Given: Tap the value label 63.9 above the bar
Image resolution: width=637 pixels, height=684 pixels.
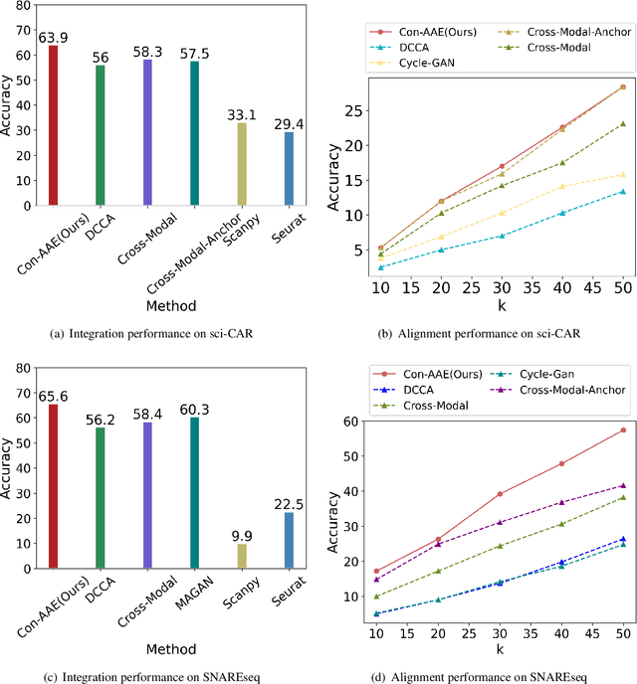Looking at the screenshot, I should point(53,38).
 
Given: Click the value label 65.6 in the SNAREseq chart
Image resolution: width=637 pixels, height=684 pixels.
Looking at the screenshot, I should point(53,396).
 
